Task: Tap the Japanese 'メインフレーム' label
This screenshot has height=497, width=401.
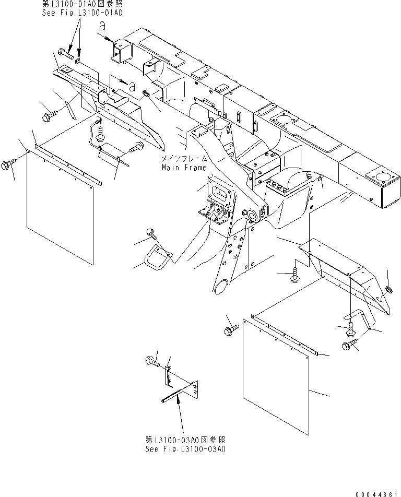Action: click(x=185, y=159)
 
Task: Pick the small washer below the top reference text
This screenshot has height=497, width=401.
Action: click(x=78, y=61)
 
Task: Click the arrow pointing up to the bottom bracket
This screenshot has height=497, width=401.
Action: click(x=179, y=408)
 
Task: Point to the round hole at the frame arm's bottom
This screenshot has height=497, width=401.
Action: click(x=221, y=286)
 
